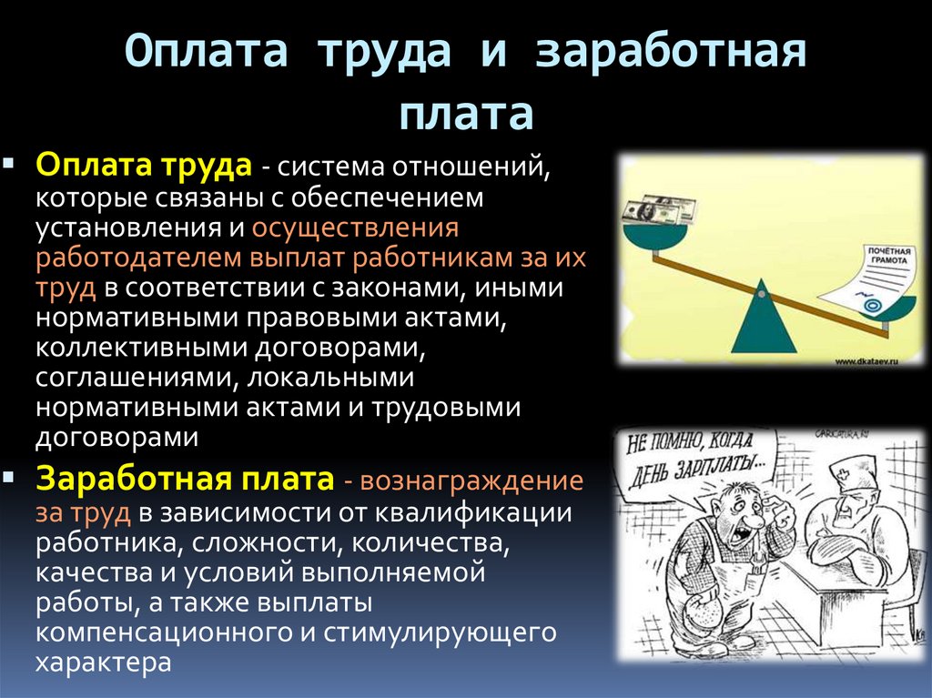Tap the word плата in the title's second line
[x=465, y=116]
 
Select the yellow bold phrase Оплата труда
[x=144, y=167]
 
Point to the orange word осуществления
[x=355, y=228]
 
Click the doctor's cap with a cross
[x=854, y=476]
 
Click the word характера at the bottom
[x=103, y=662]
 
